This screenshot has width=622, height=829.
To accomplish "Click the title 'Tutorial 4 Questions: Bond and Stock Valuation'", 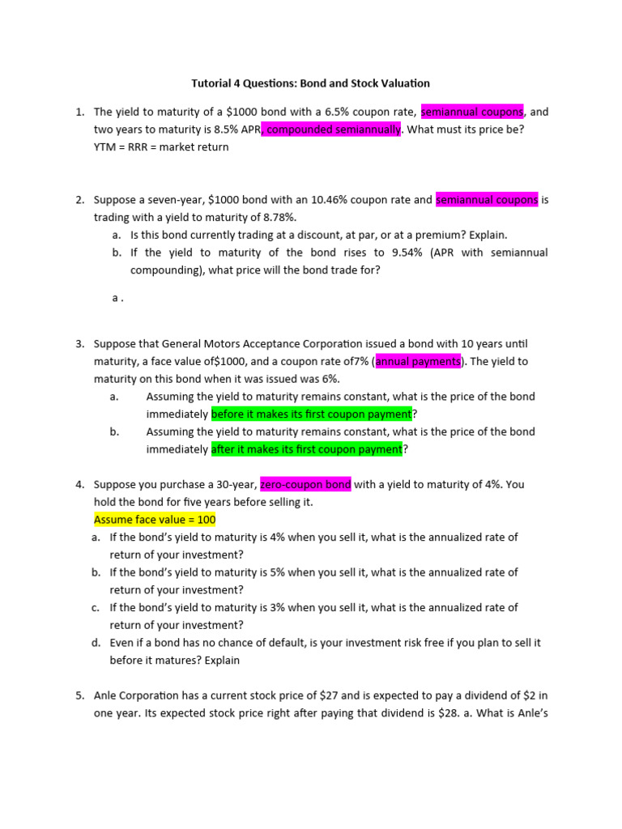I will coord(310,83).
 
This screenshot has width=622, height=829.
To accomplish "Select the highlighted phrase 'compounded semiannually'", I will coord(332,130).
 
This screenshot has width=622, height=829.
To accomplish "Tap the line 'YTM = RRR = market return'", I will coord(161,147).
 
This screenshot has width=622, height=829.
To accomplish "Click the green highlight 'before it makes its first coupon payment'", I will coord(312,414).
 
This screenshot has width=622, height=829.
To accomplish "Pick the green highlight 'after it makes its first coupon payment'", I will coord(307,449).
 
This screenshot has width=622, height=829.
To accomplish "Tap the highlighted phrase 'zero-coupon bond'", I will coord(305,485).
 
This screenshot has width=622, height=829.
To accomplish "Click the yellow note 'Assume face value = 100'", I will coord(155,520).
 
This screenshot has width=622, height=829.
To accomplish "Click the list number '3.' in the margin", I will coord(81,344).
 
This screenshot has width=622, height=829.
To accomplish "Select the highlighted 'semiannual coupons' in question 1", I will coord(472,112).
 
